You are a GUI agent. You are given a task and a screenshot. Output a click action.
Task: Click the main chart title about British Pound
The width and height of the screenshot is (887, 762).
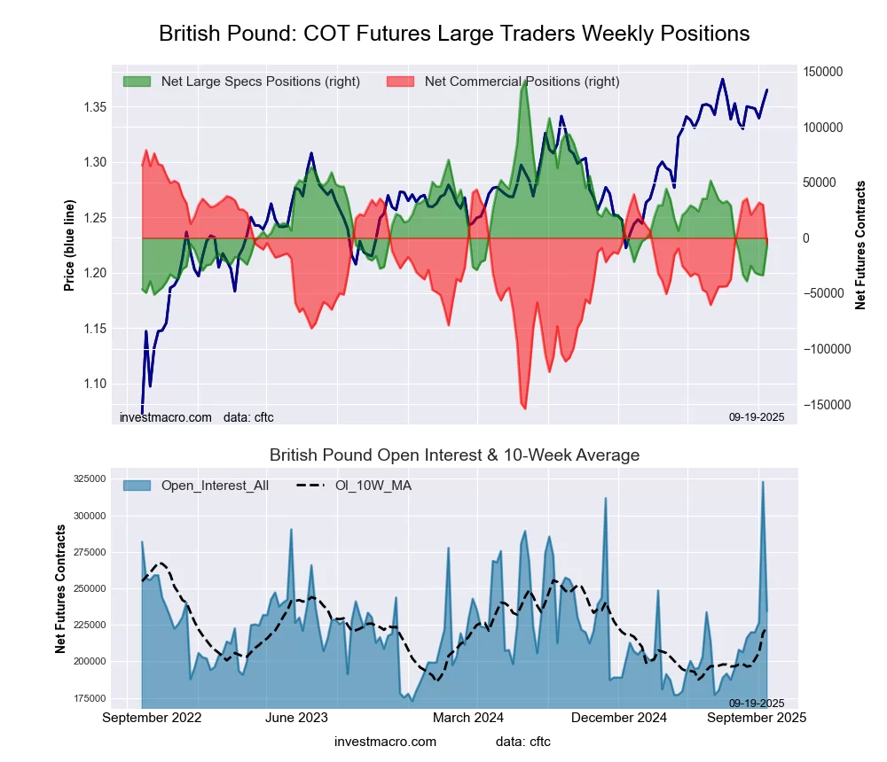tap(454, 34)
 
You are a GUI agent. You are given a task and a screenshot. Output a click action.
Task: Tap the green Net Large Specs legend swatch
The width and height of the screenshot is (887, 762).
tap(137, 82)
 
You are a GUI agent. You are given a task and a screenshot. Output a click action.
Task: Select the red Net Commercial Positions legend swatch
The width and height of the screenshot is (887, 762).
tap(400, 82)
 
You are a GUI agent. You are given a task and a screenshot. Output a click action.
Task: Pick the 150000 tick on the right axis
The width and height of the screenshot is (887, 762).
tap(824, 72)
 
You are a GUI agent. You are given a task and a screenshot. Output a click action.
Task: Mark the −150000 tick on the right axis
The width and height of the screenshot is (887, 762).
tap(822, 405)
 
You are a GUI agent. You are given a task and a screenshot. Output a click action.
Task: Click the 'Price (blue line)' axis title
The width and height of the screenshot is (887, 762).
tap(69, 245)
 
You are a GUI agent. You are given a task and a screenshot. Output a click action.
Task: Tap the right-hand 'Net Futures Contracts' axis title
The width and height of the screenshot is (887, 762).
tap(860, 245)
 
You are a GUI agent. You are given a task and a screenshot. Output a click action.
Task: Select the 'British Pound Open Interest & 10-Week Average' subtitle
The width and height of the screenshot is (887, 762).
tap(454, 455)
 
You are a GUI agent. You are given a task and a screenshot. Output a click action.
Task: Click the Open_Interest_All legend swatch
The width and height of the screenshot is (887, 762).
tap(137, 486)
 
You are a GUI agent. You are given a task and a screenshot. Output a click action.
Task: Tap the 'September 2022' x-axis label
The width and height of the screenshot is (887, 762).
tap(153, 718)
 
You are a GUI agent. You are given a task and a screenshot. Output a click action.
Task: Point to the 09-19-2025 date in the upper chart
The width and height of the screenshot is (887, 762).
tap(757, 416)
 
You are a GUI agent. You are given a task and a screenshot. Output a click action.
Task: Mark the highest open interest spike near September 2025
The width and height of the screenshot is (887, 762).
tap(762, 482)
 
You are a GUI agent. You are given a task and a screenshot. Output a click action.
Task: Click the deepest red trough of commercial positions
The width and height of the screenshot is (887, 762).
tap(524, 408)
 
